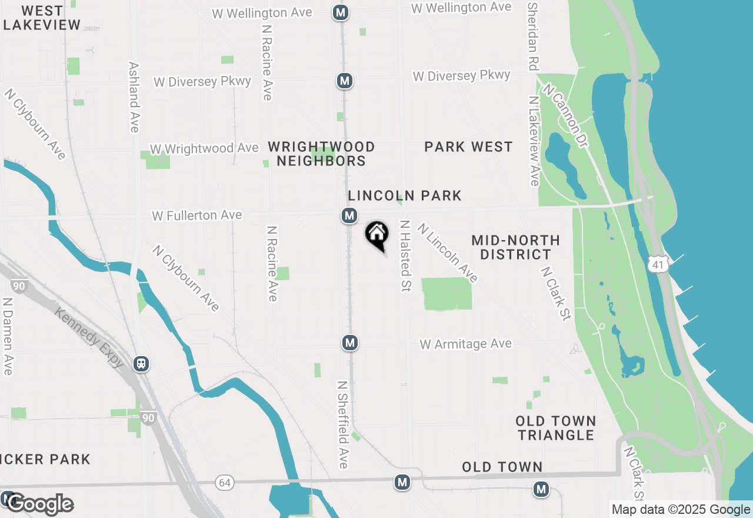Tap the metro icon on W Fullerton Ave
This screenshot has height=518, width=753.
[x=349, y=216]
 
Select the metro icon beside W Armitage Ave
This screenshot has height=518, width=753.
[x=350, y=343]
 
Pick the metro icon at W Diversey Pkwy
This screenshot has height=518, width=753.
[x=345, y=81]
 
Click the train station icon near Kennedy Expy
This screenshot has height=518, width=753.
[x=141, y=364]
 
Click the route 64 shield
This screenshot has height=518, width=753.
[x=225, y=483]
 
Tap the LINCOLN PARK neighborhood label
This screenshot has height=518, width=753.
[x=405, y=196]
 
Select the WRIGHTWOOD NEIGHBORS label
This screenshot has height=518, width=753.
[x=321, y=154]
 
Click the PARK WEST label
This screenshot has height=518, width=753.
[x=468, y=147]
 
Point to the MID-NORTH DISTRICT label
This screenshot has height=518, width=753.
[x=515, y=247]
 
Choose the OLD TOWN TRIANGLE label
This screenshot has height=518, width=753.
[x=555, y=428]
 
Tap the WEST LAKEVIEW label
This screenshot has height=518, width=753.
[x=42, y=18]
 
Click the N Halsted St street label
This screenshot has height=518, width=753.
[x=405, y=255]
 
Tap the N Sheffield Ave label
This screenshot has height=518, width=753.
[x=343, y=424]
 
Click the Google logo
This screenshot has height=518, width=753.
[x=40, y=504]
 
